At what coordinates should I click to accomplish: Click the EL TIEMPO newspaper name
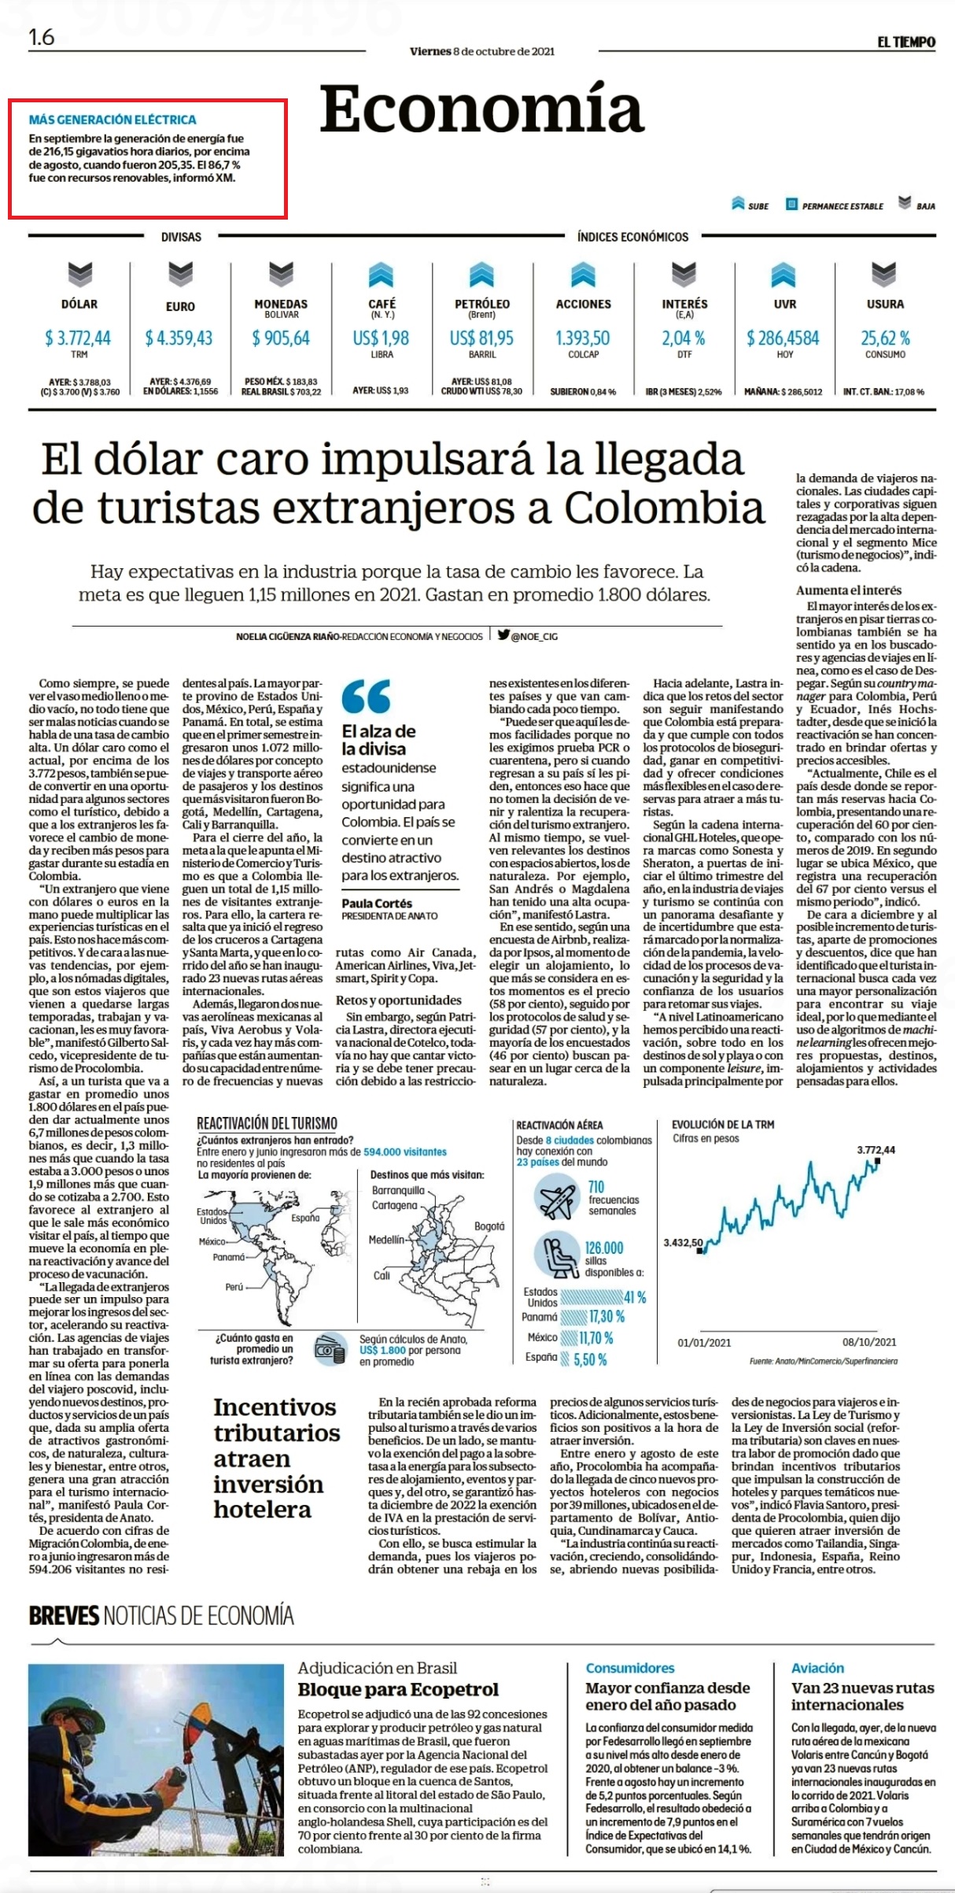[x=906, y=42]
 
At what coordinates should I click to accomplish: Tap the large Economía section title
[x=481, y=110]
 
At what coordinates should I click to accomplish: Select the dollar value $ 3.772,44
[x=78, y=338]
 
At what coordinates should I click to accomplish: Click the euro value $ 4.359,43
[x=179, y=338]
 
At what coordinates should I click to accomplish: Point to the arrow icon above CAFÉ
[x=382, y=275]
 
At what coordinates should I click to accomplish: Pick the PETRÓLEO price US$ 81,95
[x=481, y=338]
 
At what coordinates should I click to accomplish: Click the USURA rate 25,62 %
[x=885, y=338]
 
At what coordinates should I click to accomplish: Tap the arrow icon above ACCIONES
[x=583, y=275]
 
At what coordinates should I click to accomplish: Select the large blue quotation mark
[x=367, y=697]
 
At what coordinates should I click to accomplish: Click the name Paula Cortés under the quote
[x=377, y=904]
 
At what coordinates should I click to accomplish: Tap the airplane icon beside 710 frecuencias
[x=557, y=1199]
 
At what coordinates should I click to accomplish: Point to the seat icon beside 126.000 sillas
[x=557, y=1255]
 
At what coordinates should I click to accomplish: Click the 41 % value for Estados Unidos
[x=635, y=1297]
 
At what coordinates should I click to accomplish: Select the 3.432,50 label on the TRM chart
[x=683, y=1242]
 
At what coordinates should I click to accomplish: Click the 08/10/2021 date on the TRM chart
[x=869, y=1342]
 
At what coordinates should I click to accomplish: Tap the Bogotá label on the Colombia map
[x=489, y=1226]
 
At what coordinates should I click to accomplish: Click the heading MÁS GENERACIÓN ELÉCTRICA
[x=112, y=120]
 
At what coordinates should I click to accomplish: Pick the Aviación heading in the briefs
[x=817, y=1668]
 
